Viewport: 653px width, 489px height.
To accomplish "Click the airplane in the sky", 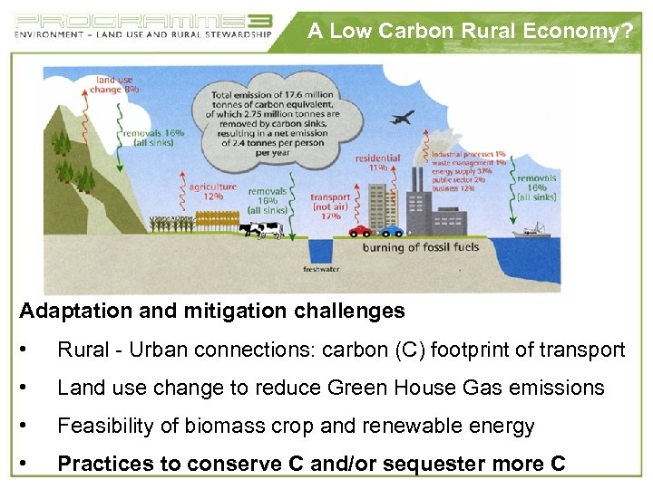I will (x=401, y=118).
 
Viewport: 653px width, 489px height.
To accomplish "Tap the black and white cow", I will (x=260, y=231).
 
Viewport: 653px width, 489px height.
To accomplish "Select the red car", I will (x=361, y=231).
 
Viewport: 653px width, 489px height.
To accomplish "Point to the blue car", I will (x=391, y=231).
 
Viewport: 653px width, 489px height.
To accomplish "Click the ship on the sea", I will (x=531, y=231).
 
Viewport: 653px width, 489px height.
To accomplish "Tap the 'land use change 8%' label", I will (x=117, y=85).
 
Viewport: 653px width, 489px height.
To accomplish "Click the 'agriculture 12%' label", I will (x=213, y=191).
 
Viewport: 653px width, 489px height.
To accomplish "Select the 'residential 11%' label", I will (x=377, y=162).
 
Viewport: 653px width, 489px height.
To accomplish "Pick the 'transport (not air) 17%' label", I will (x=330, y=206).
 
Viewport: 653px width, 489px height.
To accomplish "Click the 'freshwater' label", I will (x=321, y=270).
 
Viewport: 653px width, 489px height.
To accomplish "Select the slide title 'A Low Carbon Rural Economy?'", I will (x=470, y=31).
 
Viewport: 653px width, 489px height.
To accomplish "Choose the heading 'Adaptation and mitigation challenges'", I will (x=212, y=312).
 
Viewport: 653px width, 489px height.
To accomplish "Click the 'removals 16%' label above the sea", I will (x=537, y=187).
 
